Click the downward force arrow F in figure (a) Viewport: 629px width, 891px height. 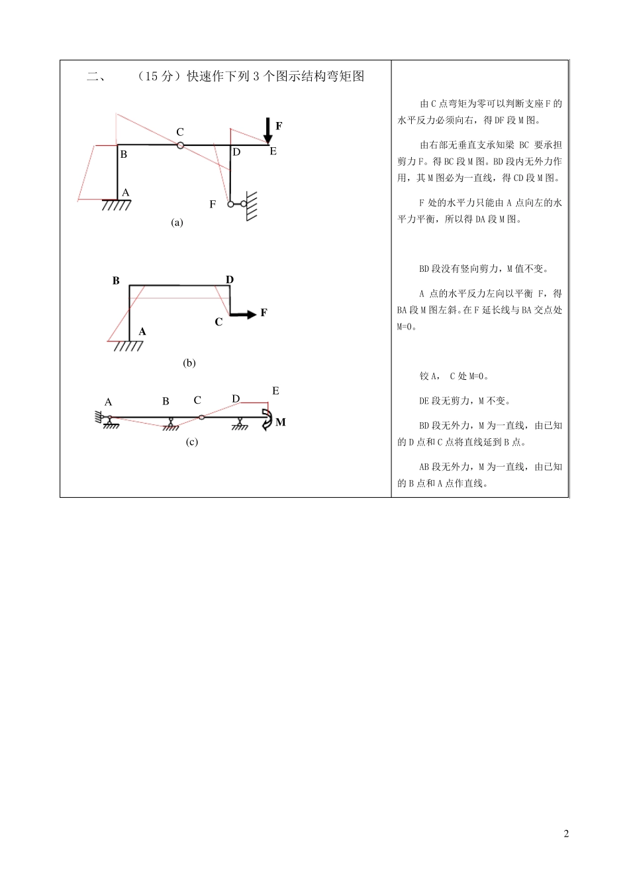(267, 130)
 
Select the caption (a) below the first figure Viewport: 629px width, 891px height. (177, 223)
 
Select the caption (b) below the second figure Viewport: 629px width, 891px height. (189, 363)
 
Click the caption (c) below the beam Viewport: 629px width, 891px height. (191, 442)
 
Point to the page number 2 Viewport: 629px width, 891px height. (566, 833)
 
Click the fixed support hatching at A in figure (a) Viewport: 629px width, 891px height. (117, 205)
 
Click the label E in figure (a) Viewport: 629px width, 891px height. (273, 151)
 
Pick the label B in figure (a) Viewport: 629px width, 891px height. (123, 154)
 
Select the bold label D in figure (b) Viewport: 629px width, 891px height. (230, 280)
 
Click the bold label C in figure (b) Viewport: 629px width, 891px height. (218, 322)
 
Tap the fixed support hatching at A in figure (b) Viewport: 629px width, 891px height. (127, 345)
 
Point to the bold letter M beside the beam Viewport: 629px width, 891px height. (281, 422)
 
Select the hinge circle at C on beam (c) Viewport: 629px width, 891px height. (201, 418)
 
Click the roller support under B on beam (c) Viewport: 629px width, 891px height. (170, 424)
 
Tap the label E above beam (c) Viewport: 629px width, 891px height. (275, 391)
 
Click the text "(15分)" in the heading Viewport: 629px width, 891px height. (158, 76)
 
